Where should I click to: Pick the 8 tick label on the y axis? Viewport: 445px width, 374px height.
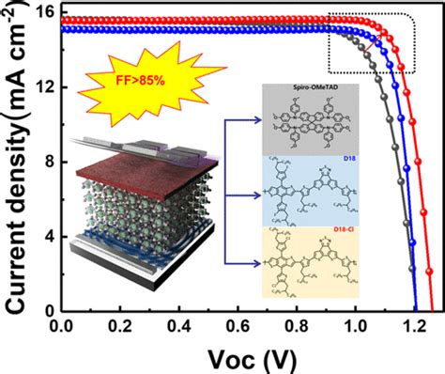pyautogui.click(x=42, y=162)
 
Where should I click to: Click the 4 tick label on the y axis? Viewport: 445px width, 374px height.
pyautogui.click(x=42, y=236)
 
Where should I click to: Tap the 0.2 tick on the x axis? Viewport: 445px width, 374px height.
pyautogui.click(x=119, y=325)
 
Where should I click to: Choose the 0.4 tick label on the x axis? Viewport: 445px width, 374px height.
pyautogui.click(x=178, y=325)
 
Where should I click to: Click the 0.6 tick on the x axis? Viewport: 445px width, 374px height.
pyautogui.click(x=237, y=325)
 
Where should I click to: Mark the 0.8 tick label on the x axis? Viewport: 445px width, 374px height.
pyautogui.click(x=296, y=325)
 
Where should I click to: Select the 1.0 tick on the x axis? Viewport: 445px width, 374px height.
pyautogui.click(x=354, y=325)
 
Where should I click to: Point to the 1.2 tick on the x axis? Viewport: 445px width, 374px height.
pyautogui.click(x=412, y=325)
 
